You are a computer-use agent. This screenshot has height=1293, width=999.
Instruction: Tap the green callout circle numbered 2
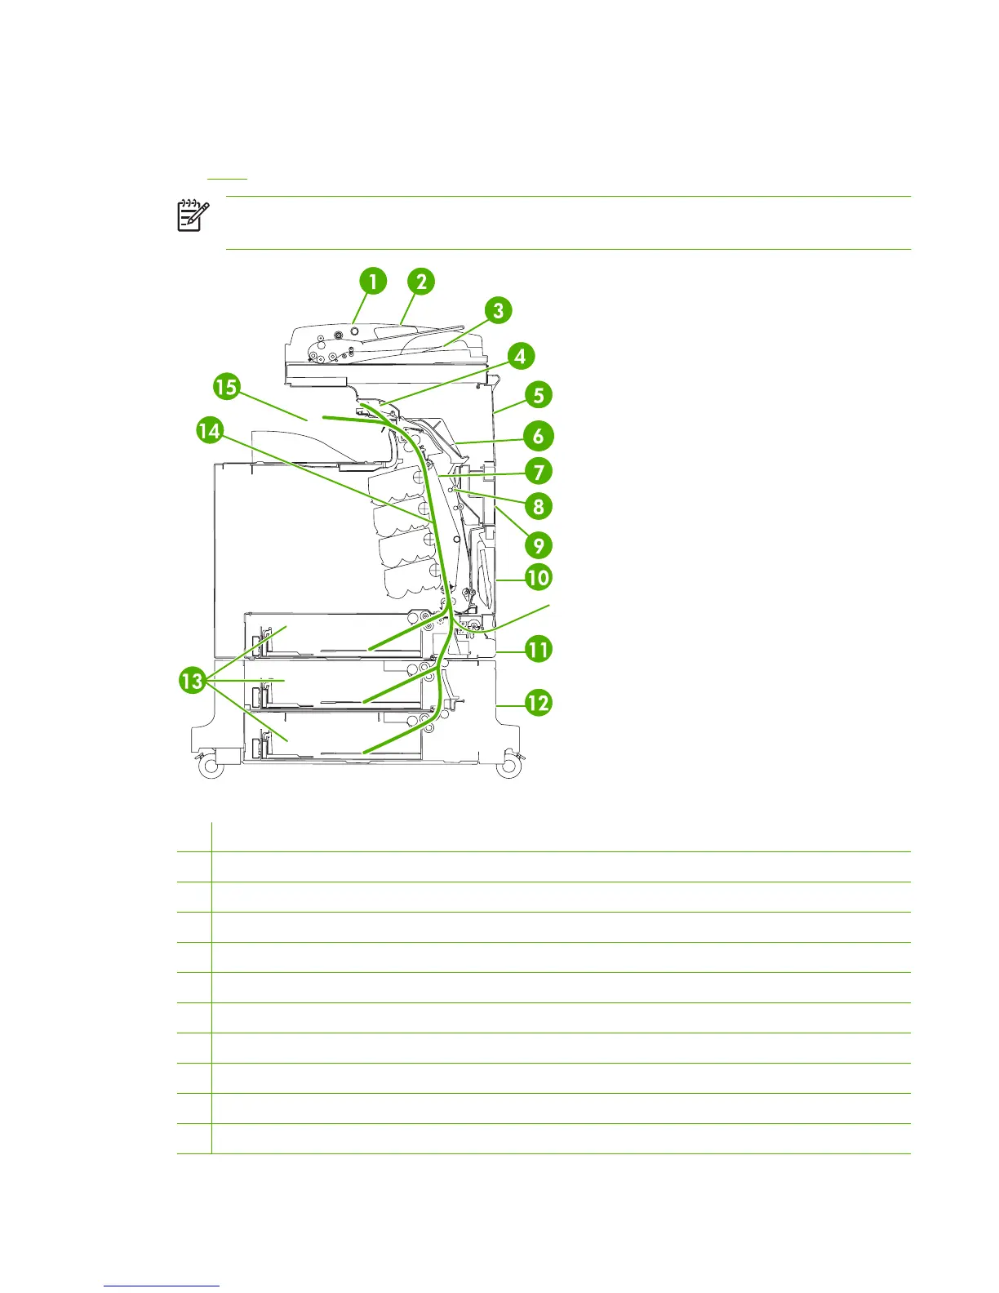point(421,282)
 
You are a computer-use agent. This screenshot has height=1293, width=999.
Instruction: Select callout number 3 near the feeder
point(498,310)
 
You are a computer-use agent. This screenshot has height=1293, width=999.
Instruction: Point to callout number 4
point(520,356)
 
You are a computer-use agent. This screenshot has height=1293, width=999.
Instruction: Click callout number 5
point(539,395)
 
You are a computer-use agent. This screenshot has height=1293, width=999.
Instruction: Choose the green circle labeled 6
point(539,435)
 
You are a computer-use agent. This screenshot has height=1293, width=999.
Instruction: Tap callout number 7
point(539,471)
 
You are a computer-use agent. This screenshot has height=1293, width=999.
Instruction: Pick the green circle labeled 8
point(539,506)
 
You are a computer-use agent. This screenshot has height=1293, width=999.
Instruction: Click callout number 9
point(539,544)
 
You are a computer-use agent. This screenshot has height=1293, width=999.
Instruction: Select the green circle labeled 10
point(538,578)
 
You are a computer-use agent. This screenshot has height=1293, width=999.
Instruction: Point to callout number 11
point(538,650)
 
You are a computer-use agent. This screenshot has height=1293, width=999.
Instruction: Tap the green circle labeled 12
point(538,702)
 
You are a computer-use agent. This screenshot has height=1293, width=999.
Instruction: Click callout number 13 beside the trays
point(193,680)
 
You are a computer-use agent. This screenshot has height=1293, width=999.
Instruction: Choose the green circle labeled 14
point(210,430)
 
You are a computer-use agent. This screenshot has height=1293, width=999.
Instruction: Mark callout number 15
point(226,385)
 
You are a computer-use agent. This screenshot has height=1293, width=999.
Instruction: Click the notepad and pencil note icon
point(193,215)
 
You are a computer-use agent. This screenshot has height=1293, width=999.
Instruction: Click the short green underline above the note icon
point(227,178)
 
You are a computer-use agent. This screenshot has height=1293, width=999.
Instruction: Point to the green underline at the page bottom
point(162,1286)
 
